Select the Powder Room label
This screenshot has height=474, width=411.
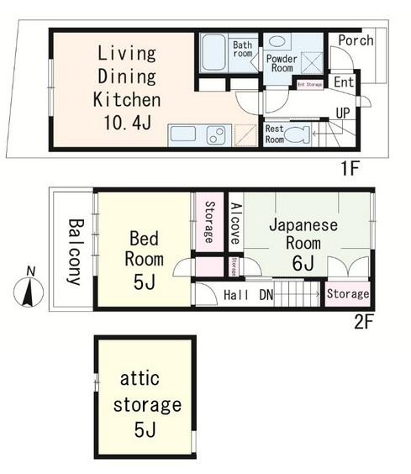tap(282, 65)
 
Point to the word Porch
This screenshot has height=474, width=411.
tap(356, 40)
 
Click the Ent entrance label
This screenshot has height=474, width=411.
tap(345, 82)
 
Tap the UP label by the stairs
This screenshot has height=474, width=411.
tap(343, 111)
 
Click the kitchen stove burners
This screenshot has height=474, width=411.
tap(216, 135)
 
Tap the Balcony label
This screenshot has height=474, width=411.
tap(75, 251)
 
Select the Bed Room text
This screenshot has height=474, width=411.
tap(144, 248)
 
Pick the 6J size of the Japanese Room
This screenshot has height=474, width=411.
tap(303, 262)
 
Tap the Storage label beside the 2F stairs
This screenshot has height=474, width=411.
tap(347, 294)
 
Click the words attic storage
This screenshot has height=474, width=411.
tap(145, 392)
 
